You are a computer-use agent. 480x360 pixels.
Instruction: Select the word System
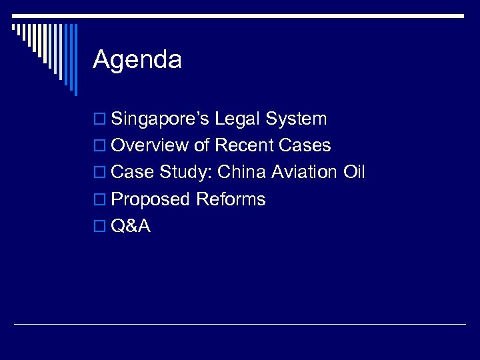[296, 119]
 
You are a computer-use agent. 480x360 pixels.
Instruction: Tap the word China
[243, 173]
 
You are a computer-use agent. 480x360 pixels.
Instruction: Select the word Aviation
[305, 173]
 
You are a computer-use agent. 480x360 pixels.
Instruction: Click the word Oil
[354, 173]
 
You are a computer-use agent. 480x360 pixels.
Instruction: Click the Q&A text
[131, 226]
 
